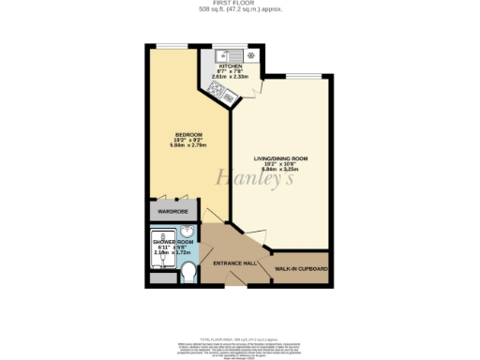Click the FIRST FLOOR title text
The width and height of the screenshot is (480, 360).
click(x=240, y=4)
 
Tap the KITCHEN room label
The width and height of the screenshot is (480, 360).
click(x=231, y=67)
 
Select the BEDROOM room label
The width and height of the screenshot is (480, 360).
click(x=172, y=135)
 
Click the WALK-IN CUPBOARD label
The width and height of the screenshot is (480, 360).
click(x=300, y=269)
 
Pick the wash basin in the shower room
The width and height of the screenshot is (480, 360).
click(x=187, y=232)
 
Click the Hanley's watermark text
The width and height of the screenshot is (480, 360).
click(x=242, y=177)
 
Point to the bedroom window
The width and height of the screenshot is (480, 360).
click(x=172, y=45)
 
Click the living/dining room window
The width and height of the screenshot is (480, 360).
click(x=297, y=73)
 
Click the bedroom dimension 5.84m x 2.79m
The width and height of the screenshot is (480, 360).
click(x=172, y=147)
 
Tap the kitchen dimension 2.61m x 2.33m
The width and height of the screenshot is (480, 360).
click(x=231, y=79)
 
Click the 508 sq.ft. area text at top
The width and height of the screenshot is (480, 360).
click(x=240, y=10)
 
